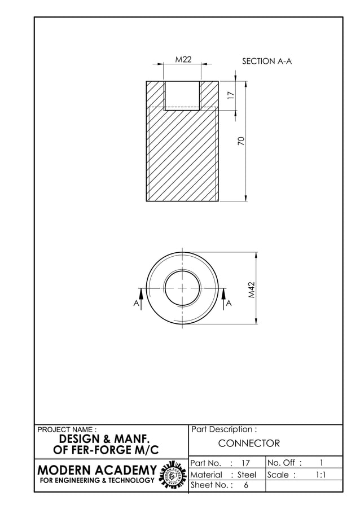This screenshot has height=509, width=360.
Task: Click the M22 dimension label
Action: tap(183, 59)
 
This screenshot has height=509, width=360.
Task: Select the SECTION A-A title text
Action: tap(266, 61)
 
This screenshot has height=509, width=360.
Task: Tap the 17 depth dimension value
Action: tap(230, 96)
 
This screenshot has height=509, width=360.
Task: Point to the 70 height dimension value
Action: tap(241, 141)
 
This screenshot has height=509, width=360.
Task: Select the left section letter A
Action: tap(136, 303)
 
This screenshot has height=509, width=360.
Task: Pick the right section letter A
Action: tap(229, 303)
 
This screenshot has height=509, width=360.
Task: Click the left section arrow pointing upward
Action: tap(141, 293)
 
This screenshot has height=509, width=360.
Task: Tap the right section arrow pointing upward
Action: tap(224, 293)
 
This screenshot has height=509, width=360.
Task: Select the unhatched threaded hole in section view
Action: tap(182, 95)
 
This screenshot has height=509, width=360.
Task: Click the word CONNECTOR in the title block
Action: tap(249, 444)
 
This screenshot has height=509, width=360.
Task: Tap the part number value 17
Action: tap(245, 463)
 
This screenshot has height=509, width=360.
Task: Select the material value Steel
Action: tap(247, 475)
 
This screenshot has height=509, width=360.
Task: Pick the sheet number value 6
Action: tap(246, 485)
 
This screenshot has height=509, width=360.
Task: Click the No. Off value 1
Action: tap(321, 463)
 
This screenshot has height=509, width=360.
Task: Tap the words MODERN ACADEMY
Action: tap(96, 470)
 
